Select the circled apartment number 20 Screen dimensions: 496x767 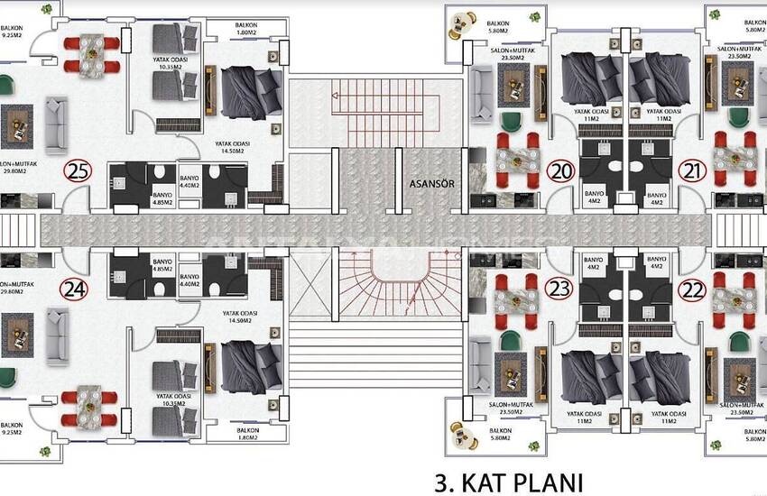(x=561, y=171)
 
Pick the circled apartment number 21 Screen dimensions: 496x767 (x=692, y=171)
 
